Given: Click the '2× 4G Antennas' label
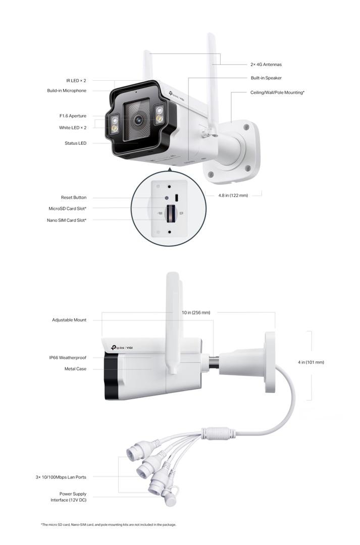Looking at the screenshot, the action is click(x=266, y=65).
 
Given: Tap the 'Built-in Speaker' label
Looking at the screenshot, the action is click(x=266, y=78).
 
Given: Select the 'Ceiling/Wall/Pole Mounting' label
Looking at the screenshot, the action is click(x=278, y=92).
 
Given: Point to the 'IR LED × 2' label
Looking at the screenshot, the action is click(x=76, y=81).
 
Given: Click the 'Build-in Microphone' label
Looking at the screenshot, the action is click(x=67, y=91).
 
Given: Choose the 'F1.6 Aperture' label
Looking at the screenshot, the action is click(x=73, y=116).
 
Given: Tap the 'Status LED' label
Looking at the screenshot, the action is click(x=75, y=143).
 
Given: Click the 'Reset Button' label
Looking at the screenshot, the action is click(x=74, y=197).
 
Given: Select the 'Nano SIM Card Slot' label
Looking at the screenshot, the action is click(x=67, y=221).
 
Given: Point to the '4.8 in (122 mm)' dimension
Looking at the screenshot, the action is click(x=233, y=196).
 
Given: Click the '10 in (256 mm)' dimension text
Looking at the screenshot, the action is click(x=196, y=313).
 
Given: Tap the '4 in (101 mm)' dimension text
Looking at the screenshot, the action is click(x=311, y=362).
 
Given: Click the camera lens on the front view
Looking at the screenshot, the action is click(x=138, y=120).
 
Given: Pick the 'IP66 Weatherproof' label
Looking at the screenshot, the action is click(x=68, y=358).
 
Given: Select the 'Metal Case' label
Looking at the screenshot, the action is click(x=75, y=369).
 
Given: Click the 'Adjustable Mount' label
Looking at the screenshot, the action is click(x=69, y=320).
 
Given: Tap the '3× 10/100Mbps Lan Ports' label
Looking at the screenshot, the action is click(x=61, y=477).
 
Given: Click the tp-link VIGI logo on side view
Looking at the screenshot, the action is click(x=122, y=348).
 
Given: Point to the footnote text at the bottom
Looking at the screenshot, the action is click(x=109, y=525).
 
